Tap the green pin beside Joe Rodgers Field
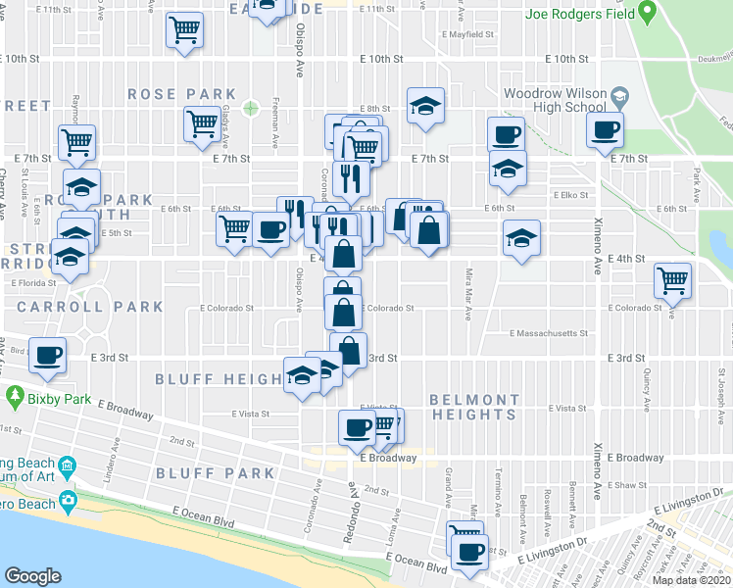(x=647, y=13)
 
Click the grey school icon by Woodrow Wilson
(x=619, y=95)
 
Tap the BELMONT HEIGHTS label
(x=474, y=407)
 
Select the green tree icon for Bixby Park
(x=14, y=397)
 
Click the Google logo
(x=32, y=575)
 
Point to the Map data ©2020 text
(x=692, y=580)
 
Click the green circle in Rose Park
(x=250, y=108)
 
